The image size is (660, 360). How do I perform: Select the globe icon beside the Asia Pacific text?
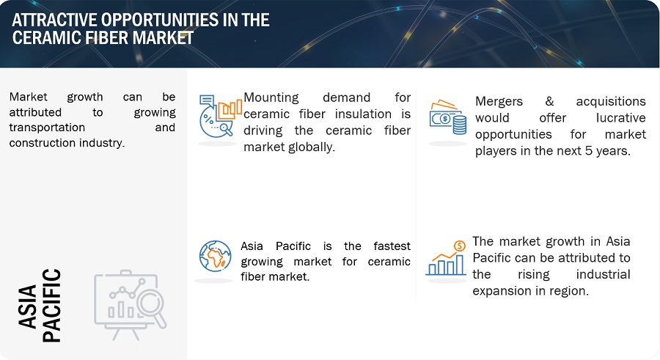[x=215, y=256]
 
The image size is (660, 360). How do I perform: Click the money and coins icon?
[x=448, y=117]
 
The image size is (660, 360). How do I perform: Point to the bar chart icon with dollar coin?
[x=446, y=258]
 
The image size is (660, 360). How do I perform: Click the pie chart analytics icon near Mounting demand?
[x=221, y=116]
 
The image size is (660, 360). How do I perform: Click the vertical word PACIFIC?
[x=52, y=306]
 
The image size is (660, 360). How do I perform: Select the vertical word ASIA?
[x=28, y=306]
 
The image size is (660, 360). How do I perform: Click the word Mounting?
[x=271, y=98]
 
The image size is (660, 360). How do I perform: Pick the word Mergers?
[x=499, y=102]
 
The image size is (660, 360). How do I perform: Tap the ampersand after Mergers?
[x=549, y=101]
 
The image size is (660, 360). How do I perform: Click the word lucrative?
[x=620, y=118]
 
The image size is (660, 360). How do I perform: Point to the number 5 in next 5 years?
[x=588, y=151]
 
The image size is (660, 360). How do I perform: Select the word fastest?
[x=392, y=246]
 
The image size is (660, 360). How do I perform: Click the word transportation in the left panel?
[x=47, y=128]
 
